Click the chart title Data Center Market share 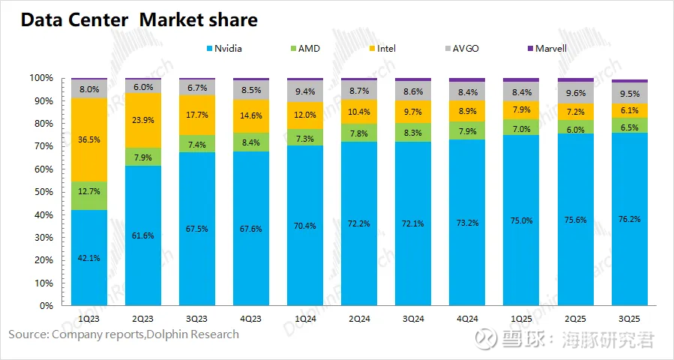pyautogui.click(x=139, y=20)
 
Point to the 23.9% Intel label pyautogui.click(x=142, y=120)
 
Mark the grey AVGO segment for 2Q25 pyautogui.click(x=575, y=93)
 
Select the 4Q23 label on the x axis pyautogui.click(x=251, y=317)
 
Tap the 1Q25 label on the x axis pyautogui.click(x=521, y=317)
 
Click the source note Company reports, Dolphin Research pyautogui.click(x=124, y=334)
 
